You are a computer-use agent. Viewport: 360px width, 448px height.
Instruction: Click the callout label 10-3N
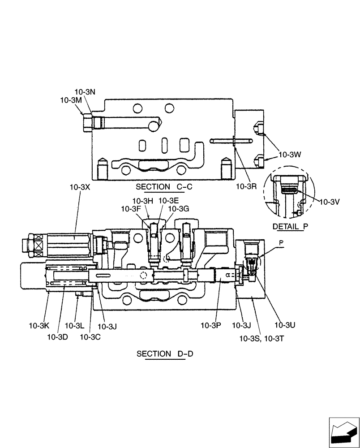pos(85,92)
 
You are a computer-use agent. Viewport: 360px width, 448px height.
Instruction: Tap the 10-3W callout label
pos(290,155)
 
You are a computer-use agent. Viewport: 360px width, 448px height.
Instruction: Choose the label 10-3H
pos(143,200)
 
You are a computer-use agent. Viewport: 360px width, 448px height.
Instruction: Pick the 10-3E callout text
pos(169,200)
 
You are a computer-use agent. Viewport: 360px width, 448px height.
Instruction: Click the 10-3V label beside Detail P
pos(329,202)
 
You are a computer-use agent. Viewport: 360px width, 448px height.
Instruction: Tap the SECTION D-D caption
pos(165,354)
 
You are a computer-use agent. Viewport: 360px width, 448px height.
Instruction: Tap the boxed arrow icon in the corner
pos(344,432)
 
